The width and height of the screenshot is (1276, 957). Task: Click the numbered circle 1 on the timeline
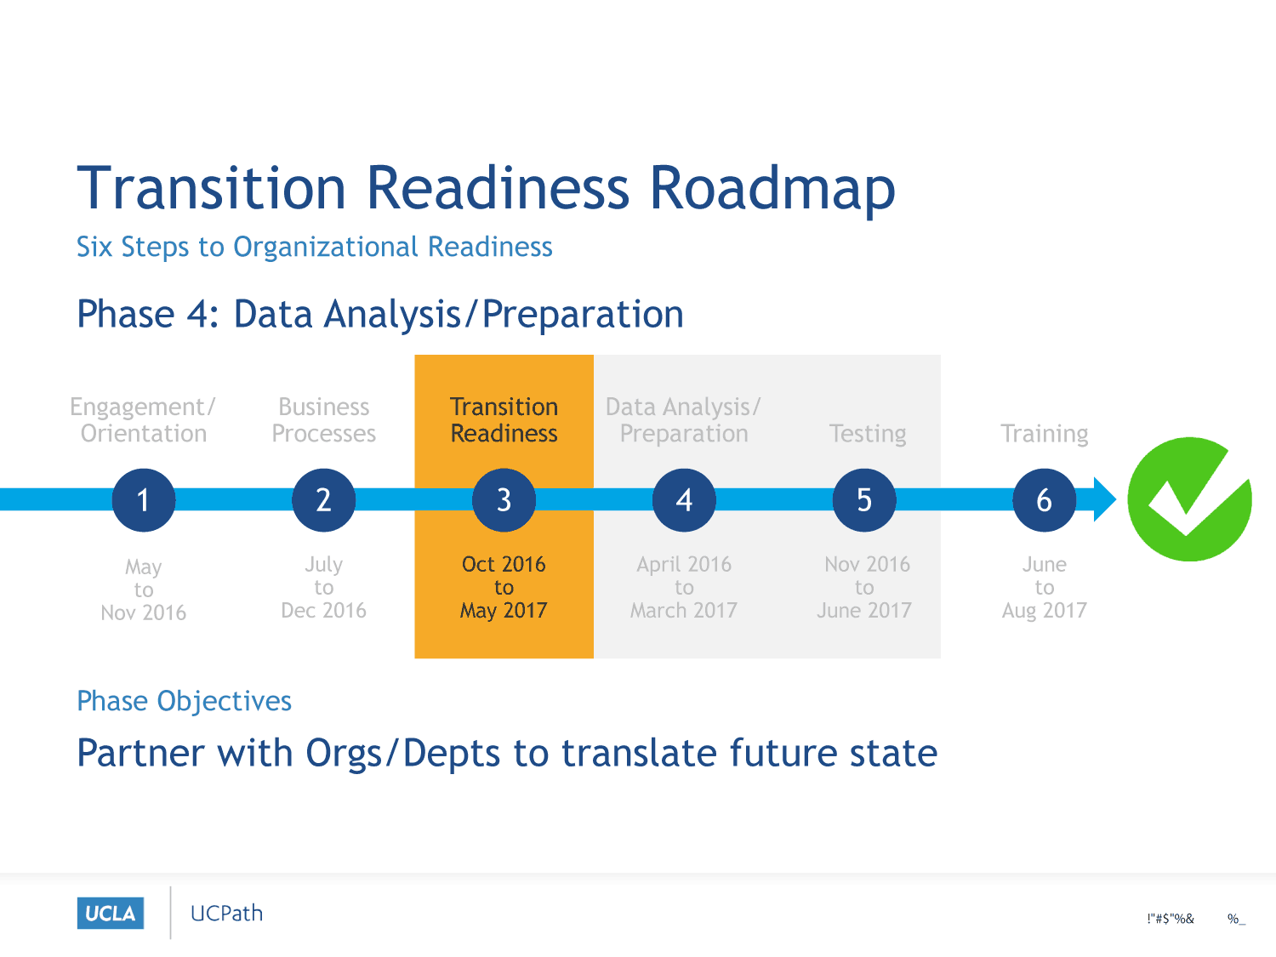pos(144,499)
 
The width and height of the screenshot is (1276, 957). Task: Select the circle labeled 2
pos(324,499)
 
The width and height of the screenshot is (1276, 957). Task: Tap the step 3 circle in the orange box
pos(504,499)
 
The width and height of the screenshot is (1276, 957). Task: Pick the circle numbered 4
pos(684,499)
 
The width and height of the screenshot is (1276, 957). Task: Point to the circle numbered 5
pos(864,499)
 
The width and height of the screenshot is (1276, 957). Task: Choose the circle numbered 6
pos(1045,499)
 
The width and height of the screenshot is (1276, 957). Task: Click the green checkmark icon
pos(1190,499)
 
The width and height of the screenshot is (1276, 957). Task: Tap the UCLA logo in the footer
pos(111,914)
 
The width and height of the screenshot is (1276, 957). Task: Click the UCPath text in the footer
pos(227,914)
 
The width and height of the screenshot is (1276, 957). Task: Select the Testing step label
pos(868,434)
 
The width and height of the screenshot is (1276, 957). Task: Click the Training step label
pos(1045,434)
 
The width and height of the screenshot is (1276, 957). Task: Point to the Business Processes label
pos(324,420)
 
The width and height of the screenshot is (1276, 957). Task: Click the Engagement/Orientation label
pos(143,420)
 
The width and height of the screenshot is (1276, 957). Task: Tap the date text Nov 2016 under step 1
pos(144,612)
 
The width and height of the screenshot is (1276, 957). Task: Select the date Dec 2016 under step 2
pos(324,610)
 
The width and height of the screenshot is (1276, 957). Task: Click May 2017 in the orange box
pos(504,611)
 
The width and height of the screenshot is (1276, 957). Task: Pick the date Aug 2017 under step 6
pos(1045,611)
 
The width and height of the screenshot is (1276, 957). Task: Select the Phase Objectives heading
pos(185,701)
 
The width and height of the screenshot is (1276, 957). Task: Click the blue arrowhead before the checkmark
pos(1104,499)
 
